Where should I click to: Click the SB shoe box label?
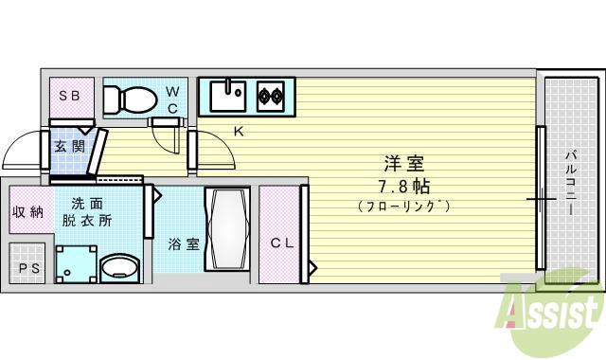tap(69, 96)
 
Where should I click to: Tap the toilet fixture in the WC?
tap(128, 98)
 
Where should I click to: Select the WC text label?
tap(172, 99)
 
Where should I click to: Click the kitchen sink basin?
tap(227, 95)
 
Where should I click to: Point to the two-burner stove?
tap(270, 95)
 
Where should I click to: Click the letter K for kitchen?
tap(239, 132)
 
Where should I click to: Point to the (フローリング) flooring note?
tap(403, 206)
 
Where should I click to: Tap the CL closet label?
tap(282, 243)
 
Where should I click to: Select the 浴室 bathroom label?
tap(184, 243)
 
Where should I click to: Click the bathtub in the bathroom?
tap(226, 230)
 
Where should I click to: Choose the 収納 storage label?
tap(27, 211)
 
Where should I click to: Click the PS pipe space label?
tap(27, 268)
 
